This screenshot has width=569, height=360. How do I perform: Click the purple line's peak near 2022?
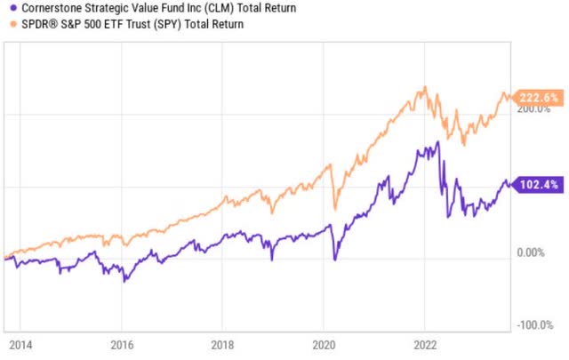click(x=437, y=141)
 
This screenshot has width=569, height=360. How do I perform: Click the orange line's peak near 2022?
click(x=426, y=87)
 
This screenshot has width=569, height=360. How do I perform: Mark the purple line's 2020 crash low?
click(x=335, y=259)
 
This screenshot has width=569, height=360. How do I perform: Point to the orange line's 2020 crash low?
click(x=335, y=210)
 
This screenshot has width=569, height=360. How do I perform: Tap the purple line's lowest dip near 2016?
click(x=125, y=281)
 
